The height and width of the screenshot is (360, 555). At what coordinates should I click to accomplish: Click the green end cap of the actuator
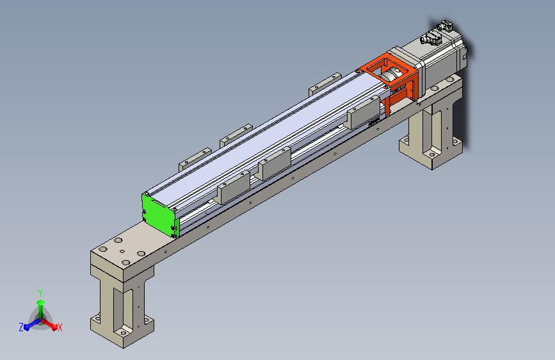[159, 215]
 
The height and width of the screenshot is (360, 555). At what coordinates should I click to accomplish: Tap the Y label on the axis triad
[40, 293]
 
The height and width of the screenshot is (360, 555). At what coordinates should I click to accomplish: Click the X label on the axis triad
[60, 327]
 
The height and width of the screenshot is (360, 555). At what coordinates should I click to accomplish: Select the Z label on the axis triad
[21, 327]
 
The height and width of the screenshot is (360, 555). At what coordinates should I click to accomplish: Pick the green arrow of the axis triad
[41, 308]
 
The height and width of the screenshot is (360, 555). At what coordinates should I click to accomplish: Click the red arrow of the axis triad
[49, 324]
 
